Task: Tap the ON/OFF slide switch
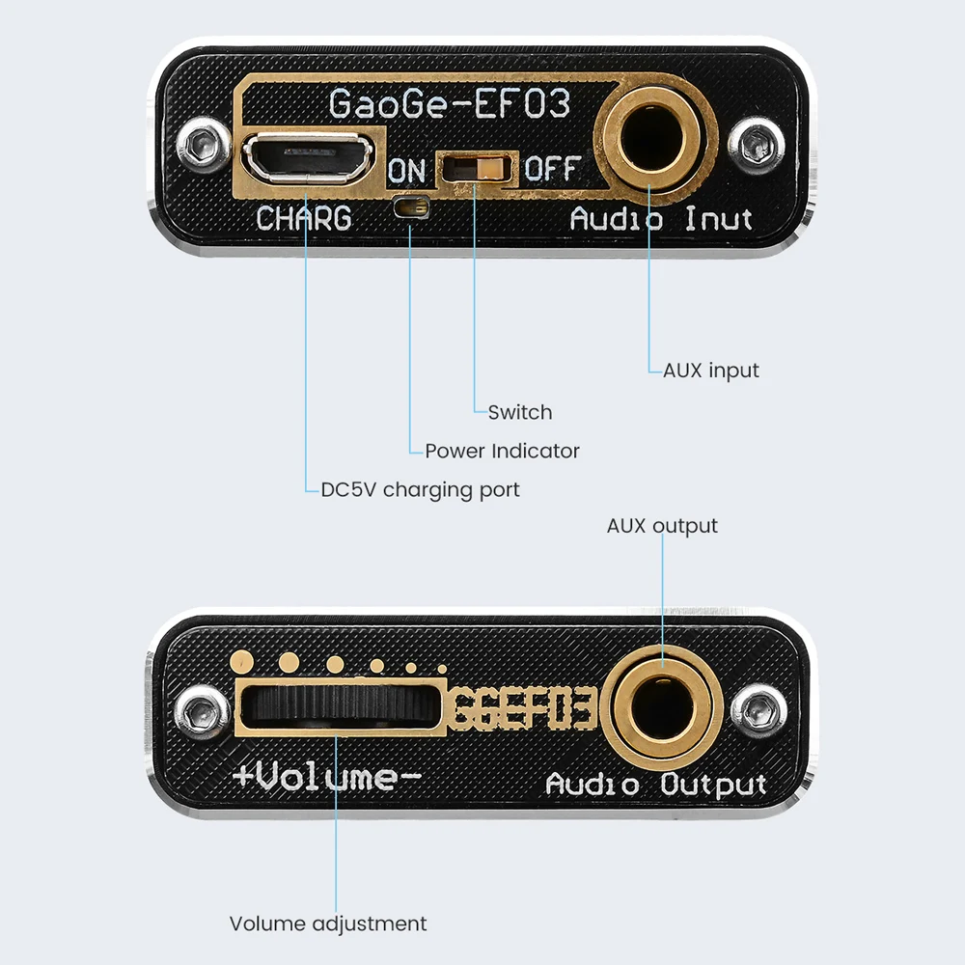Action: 478,168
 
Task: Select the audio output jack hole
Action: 662,706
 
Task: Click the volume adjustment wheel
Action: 341,705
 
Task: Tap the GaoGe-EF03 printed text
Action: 450,103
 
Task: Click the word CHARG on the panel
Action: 303,218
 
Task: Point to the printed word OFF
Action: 552,168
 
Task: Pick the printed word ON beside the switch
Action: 407,171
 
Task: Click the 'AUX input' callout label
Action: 711,371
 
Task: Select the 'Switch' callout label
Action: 520,412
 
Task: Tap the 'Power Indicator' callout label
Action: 502,451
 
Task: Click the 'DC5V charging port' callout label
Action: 421,490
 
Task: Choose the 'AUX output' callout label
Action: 662,526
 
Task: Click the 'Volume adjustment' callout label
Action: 328,924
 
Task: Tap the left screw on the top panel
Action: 201,146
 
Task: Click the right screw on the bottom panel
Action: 758,711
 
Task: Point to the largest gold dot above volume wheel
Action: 241,662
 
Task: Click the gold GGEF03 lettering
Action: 523,707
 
